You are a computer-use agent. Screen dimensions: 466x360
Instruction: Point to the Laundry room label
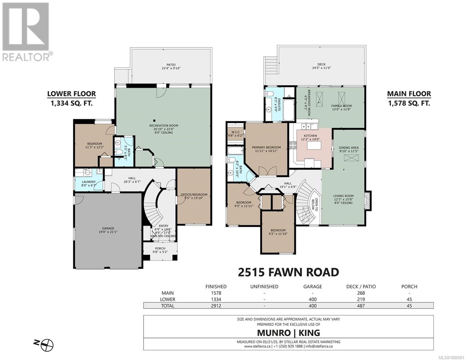tap(89, 182)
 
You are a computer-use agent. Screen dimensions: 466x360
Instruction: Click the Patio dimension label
tap(171, 68)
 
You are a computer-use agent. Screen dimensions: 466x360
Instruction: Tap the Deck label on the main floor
tap(321, 64)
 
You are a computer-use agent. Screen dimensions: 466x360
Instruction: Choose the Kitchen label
tap(310, 136)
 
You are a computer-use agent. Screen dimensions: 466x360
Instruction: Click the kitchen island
tap(314, 145)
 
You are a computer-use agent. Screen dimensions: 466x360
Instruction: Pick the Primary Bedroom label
tap(266, 147)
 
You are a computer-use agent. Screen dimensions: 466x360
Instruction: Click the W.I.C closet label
tap(235, 132)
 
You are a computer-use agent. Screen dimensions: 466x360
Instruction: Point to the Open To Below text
tap(315, 204)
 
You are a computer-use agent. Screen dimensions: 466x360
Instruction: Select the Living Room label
tap(343, 196)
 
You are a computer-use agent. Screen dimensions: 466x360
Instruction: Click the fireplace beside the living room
tap(368, 201)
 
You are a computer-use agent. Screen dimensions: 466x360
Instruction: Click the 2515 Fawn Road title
tap(289, 272)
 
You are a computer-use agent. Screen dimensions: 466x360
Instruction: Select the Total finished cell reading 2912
tap(216, 306)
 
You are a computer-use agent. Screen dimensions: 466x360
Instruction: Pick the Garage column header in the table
tap(313, 286)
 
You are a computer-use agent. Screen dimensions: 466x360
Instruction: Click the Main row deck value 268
tap(361, 293)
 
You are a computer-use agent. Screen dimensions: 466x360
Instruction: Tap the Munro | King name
tap(289, 333)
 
